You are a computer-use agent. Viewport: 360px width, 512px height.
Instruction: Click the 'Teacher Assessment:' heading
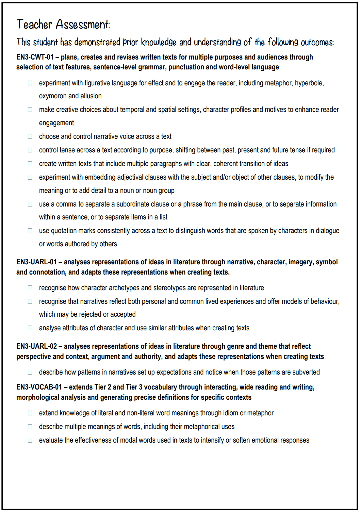tap(64, 24)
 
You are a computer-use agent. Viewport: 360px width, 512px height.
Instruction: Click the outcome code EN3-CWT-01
tap(35, 57)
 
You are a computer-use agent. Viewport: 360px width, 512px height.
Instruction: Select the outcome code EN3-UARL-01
tap(36, 262)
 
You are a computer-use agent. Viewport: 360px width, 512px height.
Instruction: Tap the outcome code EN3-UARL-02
tap(36, 346)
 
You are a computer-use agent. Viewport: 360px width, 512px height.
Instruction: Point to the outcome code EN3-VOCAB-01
tap(39, 387)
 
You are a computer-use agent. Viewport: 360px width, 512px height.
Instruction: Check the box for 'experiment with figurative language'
tap(30, 83)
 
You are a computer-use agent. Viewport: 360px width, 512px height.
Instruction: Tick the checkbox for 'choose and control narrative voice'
tap(30, 136)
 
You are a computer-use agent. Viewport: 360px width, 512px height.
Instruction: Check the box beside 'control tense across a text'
tap(30, 150)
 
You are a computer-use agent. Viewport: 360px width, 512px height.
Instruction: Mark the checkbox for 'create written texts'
tap(30, 164)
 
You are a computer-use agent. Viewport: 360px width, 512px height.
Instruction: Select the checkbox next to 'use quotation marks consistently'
tap(30, 231)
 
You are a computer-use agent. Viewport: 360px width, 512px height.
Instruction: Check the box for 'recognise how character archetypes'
tap(30, 288)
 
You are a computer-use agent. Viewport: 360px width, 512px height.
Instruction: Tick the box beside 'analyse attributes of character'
tap(30, 328)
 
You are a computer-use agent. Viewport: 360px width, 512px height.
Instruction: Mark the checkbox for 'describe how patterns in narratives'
tap(30, 372)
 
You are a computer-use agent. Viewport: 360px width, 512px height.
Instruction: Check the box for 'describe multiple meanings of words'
tap(30, 427)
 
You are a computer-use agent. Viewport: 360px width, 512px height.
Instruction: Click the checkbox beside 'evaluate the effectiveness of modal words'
tap(30, 440)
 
